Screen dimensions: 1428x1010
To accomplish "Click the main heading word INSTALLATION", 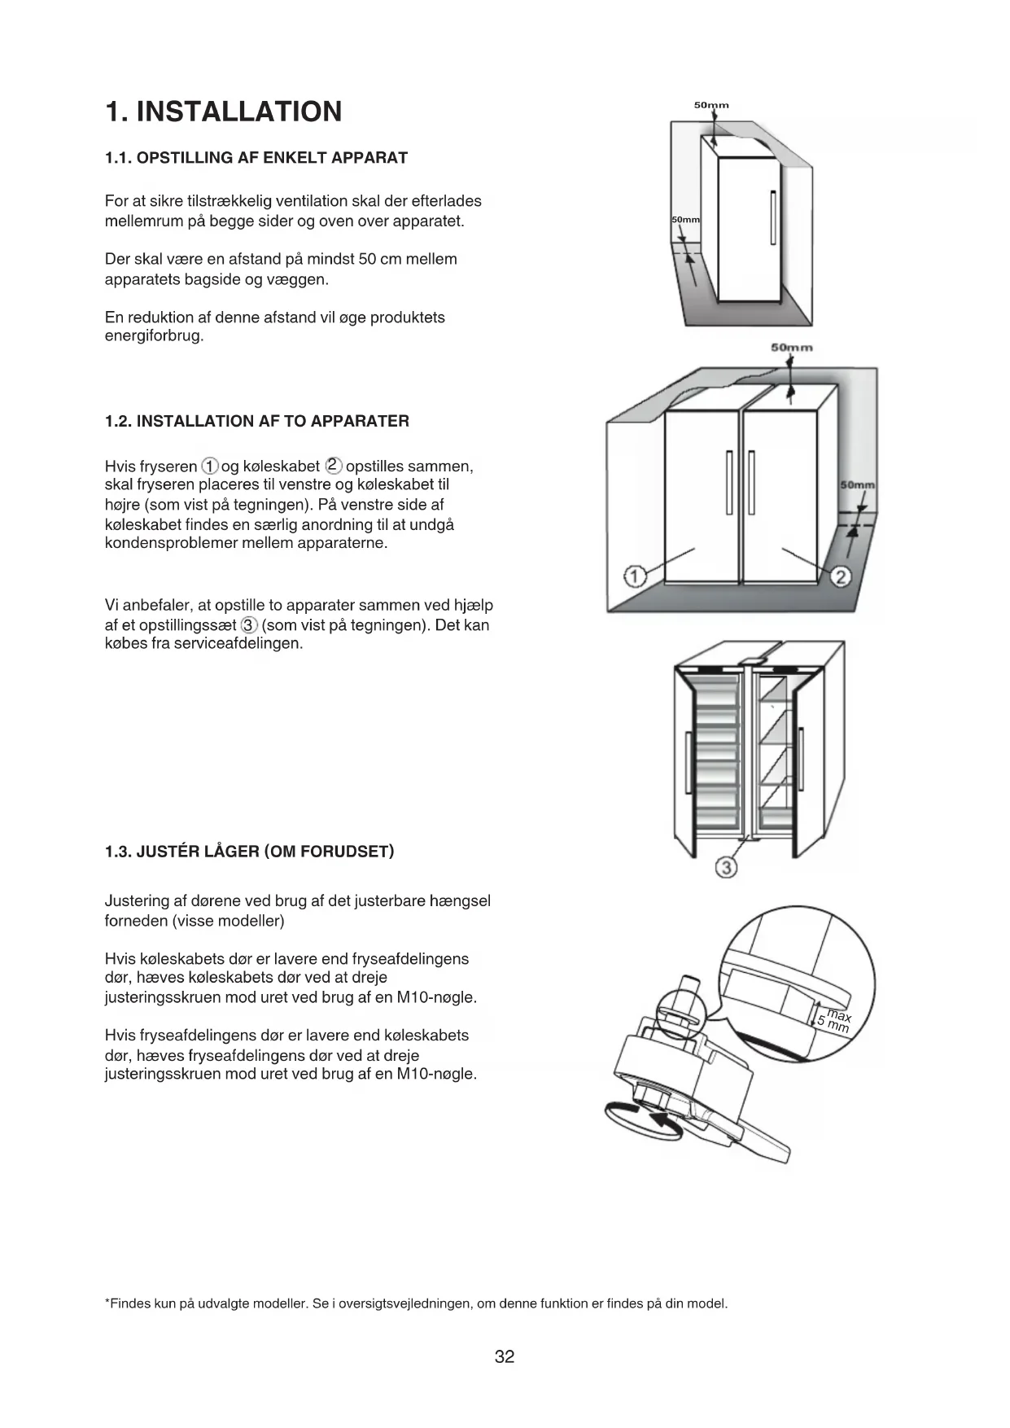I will point(239,112).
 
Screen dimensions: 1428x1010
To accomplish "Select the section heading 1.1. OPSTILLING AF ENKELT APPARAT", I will point(256,158).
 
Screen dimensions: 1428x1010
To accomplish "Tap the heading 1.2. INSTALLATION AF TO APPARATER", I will point(257,421).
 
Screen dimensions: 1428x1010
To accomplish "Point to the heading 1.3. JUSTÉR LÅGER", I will point(249,852).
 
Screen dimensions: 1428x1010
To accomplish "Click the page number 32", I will point(505,1356).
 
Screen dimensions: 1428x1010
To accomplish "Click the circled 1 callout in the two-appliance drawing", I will point(634,576).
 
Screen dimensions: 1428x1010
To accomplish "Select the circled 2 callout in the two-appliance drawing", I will point(842,576).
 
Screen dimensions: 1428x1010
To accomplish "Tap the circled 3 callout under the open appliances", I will point(726,867).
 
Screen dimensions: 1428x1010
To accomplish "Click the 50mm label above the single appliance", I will point(711,105).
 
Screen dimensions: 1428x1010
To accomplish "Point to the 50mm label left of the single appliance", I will point(685,221).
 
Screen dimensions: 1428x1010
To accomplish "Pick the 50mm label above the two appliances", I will point(791,348).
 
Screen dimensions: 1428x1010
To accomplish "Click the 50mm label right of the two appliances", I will point(857,485).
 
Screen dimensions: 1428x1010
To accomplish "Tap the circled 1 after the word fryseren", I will point(210,467).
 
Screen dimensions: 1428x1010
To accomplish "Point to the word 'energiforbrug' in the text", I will point(153,336).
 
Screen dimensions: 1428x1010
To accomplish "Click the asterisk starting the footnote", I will point(108,1303).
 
